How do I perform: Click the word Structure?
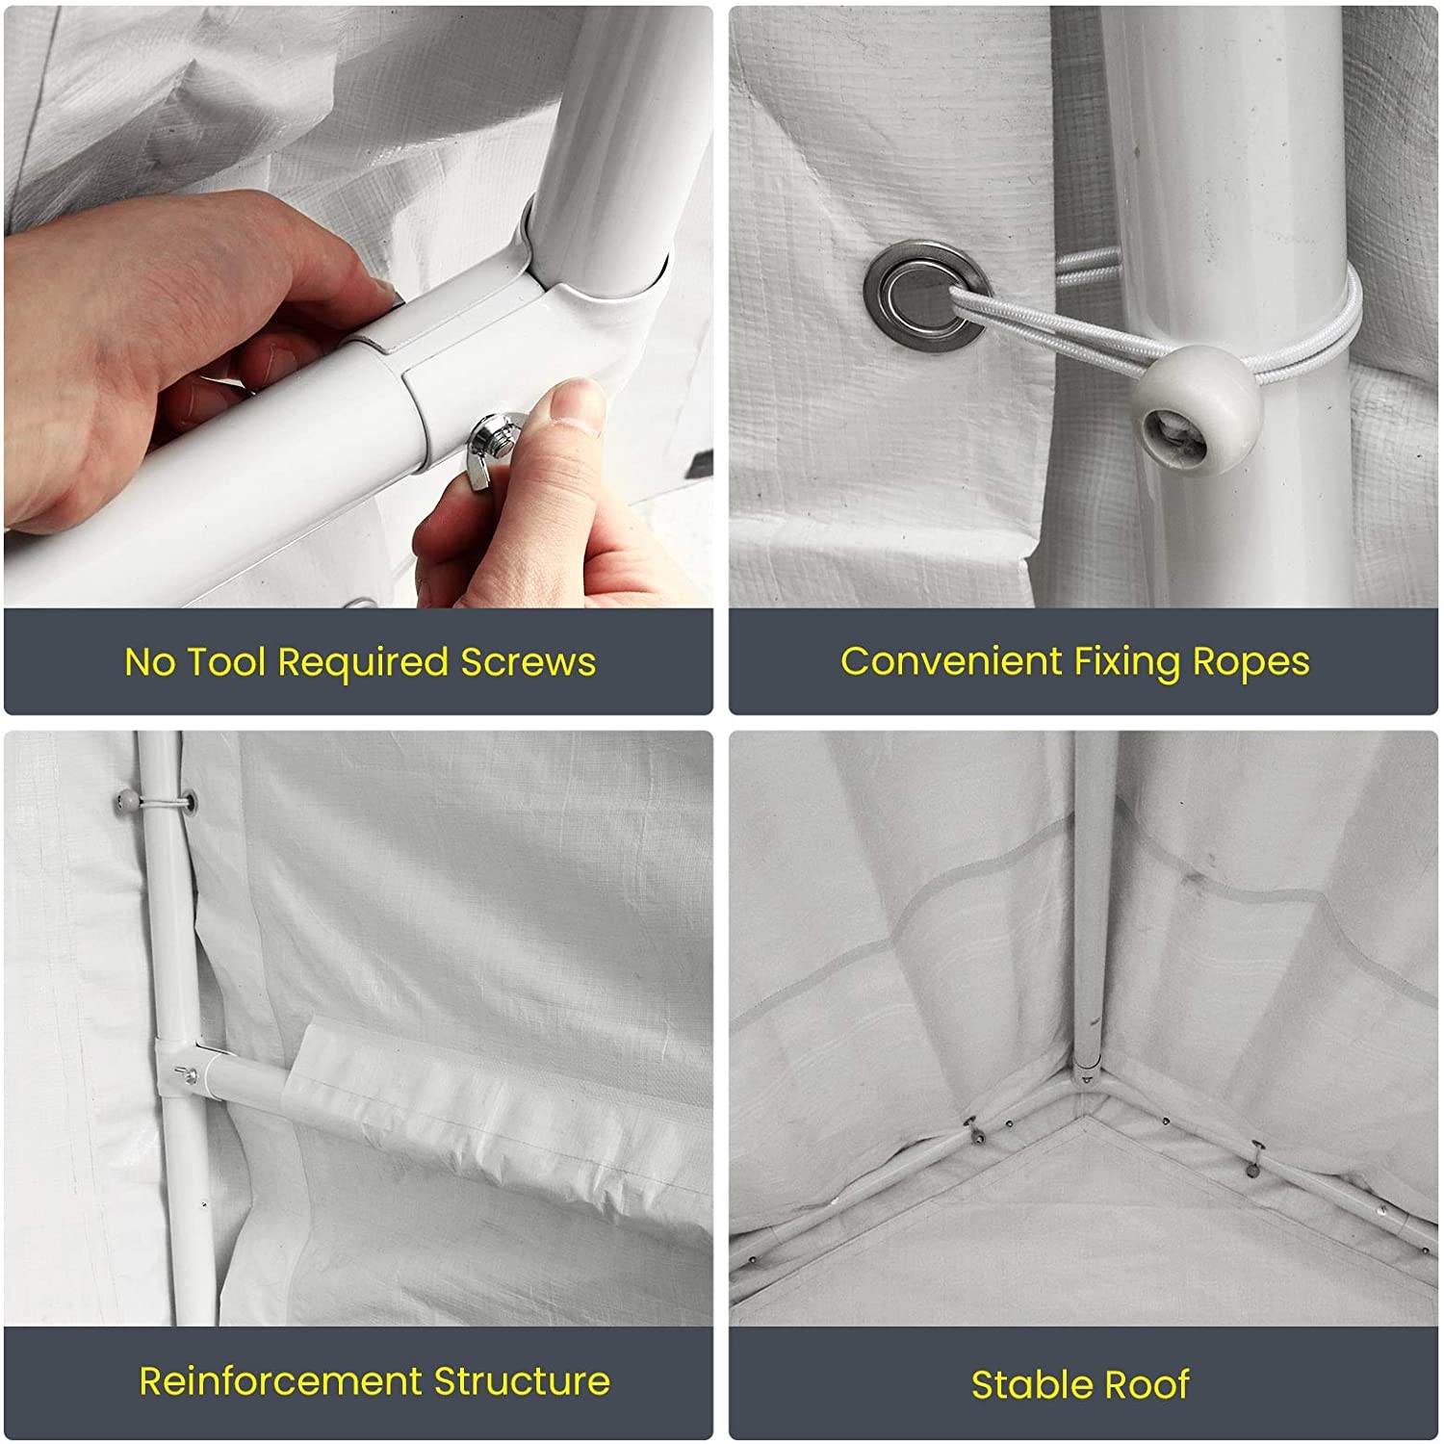pos(522,1381)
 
